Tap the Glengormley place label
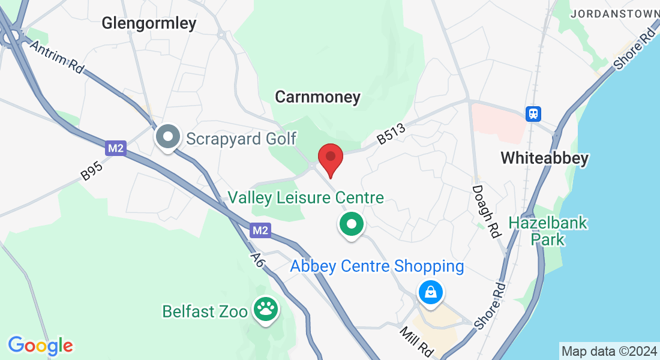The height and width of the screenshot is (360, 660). click(149, 23)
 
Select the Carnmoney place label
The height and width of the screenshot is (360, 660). click(317, 97)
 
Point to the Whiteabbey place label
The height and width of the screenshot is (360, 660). click(544, 158)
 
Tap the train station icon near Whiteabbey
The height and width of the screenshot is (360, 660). click(533, 113)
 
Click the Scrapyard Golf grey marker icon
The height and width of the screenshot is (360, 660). click(169, 137)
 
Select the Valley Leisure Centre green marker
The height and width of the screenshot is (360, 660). click(352, 225)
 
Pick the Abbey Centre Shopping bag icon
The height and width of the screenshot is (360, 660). click(431, 293)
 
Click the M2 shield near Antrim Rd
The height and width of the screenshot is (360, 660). click(116, 148)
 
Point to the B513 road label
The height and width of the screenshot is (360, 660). click(391, 134)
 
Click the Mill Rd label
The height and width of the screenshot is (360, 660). click(416, 341)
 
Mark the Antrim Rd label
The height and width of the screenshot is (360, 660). click(56, 58)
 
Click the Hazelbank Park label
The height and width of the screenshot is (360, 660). click(548, 231)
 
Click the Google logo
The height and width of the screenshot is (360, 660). click(41, 346)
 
